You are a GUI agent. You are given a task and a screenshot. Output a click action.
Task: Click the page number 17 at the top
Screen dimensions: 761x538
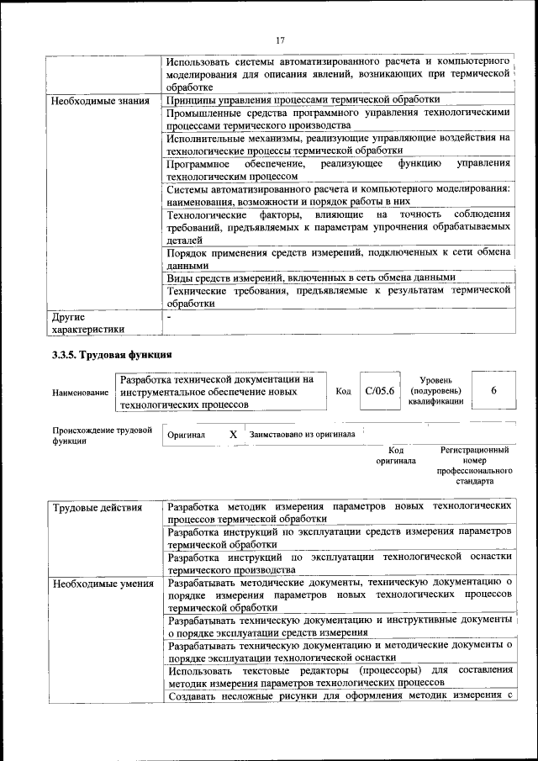click(x=280, y=39)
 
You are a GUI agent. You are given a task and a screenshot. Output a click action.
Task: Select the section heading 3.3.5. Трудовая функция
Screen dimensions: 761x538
click(x=112, y=355)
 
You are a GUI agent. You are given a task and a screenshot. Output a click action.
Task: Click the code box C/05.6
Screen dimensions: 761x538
click(x=380, y=392)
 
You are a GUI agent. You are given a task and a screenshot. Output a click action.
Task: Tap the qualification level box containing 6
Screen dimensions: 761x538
click(x=493, y=392)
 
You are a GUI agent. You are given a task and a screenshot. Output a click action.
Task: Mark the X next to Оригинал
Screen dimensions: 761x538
click(x=233, y=435)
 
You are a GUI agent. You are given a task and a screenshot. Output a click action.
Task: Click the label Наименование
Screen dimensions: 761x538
click(x=80, y=393)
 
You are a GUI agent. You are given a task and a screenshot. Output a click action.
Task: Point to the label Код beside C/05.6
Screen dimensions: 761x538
click(x=343, y=392)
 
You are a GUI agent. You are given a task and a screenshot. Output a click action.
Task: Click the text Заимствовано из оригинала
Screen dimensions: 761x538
click(x=302, y=435)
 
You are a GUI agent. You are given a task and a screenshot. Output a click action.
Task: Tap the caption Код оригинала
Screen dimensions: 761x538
click(x=390, y=457)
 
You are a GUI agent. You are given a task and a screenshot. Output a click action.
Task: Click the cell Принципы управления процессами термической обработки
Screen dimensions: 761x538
click(x=303, y=100)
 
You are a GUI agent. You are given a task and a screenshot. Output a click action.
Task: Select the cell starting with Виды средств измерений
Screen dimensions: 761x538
click(x=311, y=277)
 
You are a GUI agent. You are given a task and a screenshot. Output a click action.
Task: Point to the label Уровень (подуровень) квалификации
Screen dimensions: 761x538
click(x=435, y=392)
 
